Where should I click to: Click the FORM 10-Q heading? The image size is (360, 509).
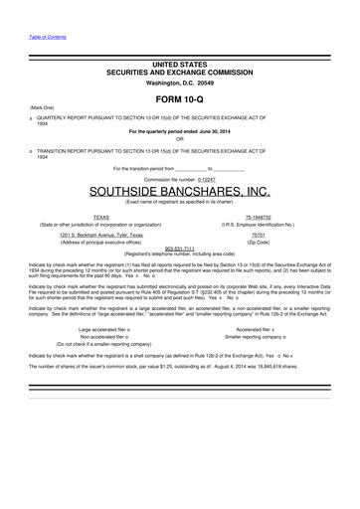tap(179, 100)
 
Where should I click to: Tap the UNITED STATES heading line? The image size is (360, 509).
tap(179, 64)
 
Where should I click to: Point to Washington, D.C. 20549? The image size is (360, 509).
tap(179, 84)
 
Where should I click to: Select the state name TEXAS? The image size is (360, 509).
tap(101, 216)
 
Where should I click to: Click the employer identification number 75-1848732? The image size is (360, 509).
tap(258, 216)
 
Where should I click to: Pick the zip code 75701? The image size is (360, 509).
tap(258, 234)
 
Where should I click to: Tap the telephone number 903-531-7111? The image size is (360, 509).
tap(179, 248)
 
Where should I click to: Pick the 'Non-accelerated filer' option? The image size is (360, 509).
tap(104, 336)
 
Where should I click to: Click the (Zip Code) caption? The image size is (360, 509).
tap(258, 242)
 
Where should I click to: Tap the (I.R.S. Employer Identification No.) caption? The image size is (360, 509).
tap(258, 224)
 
